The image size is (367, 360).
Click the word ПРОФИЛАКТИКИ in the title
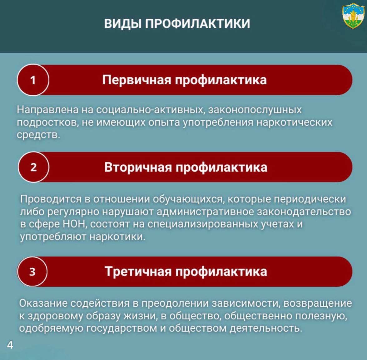tap(197, 24)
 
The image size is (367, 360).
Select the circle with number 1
tap(33, 80)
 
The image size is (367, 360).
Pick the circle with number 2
tap(33, 167)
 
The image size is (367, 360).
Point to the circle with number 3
tap(32, 272)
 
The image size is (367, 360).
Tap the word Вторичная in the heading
tap(138, 168)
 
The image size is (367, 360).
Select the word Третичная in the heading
tap(138, 272)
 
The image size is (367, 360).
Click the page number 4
tap(10, 345)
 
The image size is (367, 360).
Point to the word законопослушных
tap(255, 110)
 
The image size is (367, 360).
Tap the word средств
tap(38, 135)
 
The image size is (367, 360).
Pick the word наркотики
tap(117, 237)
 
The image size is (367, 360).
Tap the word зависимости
tap(246, 303)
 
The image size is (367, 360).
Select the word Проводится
tap(51, 199)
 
